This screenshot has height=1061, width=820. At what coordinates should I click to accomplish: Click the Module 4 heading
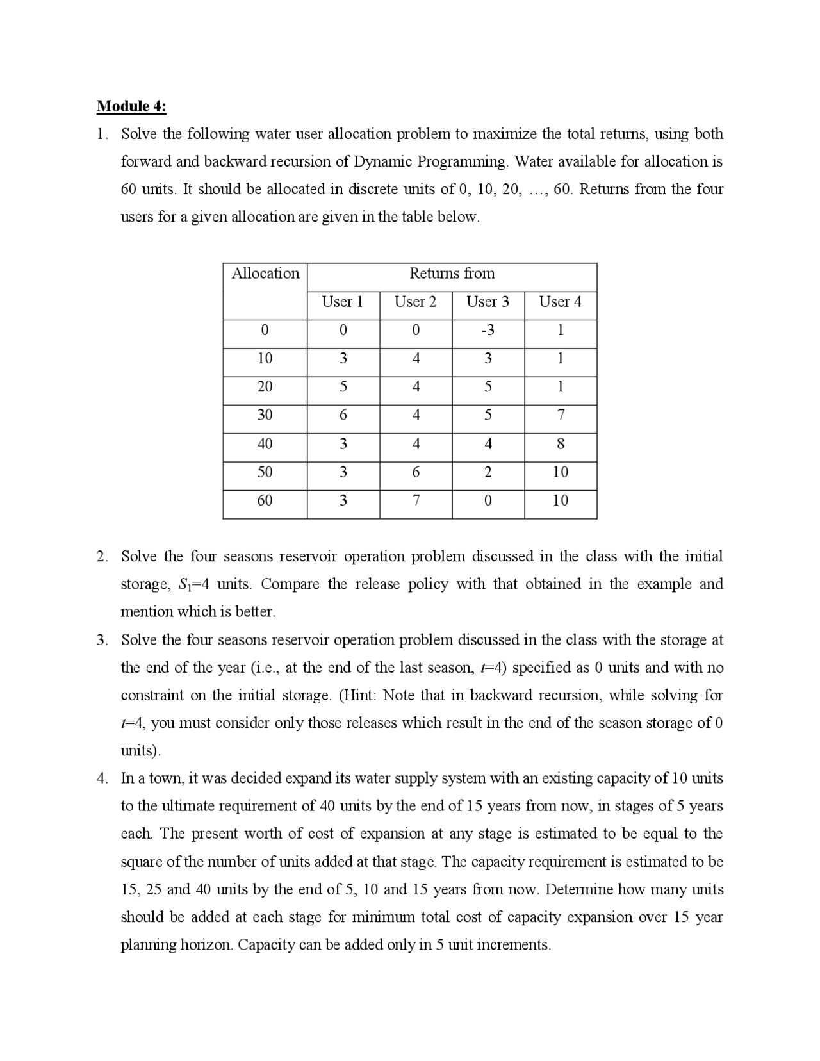click(131, 106)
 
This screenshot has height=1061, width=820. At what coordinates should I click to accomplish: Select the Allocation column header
click(265, 274)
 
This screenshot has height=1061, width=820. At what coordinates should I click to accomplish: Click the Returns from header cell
click(452, 274)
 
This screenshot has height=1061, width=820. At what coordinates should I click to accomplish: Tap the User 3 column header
click(488, 302)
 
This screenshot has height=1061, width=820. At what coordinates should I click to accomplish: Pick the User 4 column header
click(560, 302)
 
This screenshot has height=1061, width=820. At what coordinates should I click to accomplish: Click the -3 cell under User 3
click(488, 331)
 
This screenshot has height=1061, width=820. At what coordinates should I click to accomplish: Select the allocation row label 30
click(265, 415)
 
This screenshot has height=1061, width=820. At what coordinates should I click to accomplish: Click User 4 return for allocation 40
click(560, 443)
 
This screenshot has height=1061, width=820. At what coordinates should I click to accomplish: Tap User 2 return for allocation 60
click(416, 500)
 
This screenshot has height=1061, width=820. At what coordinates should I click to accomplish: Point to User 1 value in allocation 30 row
click(343, 415)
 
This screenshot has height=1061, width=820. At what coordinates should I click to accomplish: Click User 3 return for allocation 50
click(488, 472)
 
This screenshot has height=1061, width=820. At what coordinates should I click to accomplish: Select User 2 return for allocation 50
click(416, 472)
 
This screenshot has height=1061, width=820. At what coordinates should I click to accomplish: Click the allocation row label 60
click(265, 500)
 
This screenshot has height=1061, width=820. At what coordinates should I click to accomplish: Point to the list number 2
click(102, 556)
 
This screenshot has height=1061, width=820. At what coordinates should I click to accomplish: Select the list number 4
click(102, 778)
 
